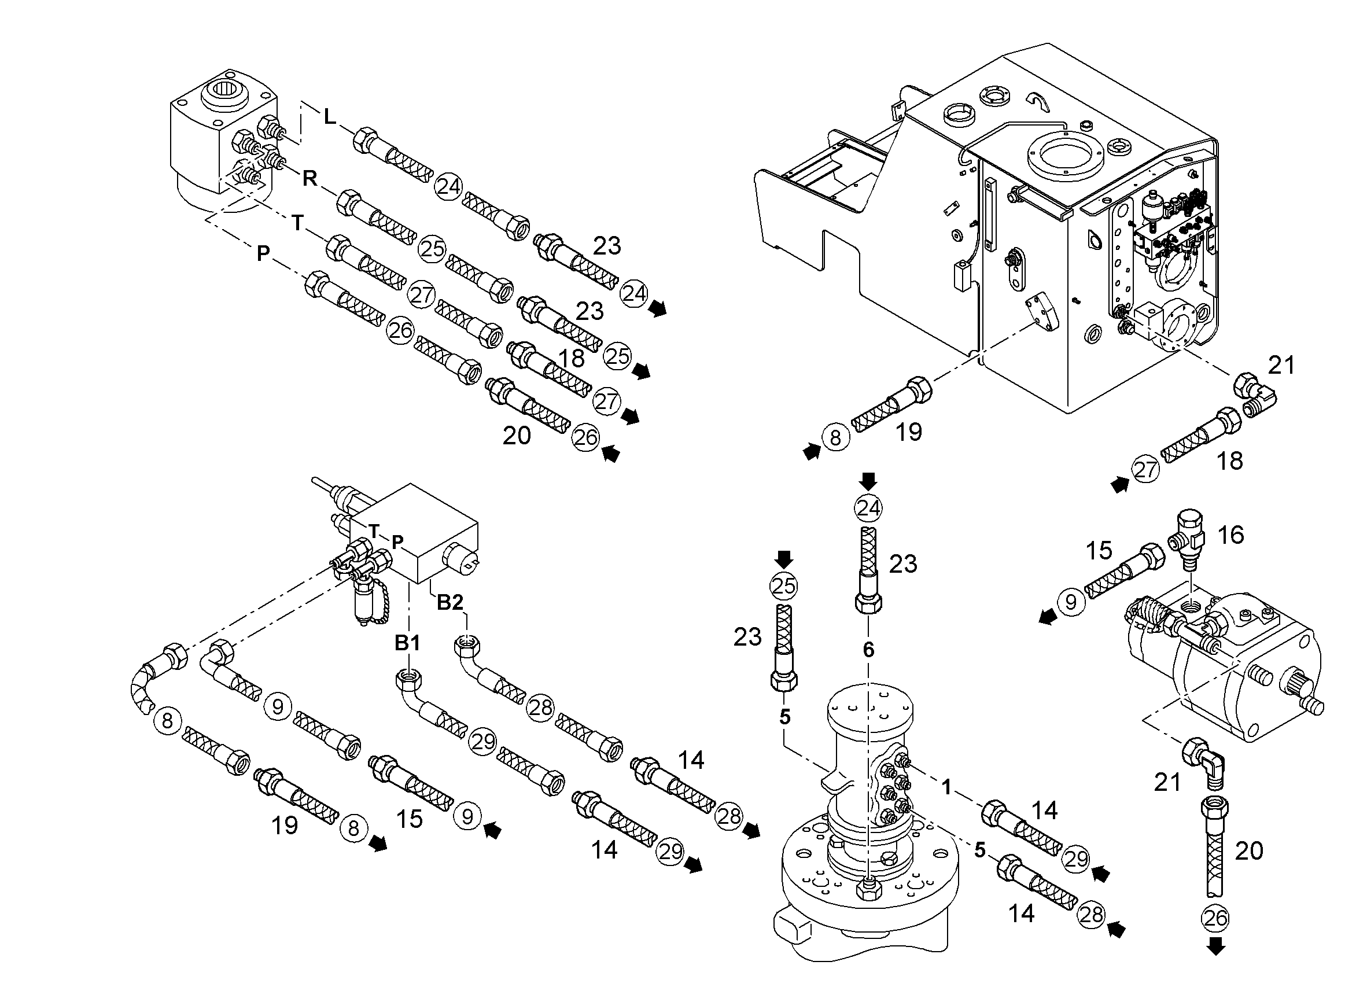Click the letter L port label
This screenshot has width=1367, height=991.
coord(329,116)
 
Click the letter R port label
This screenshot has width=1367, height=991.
coord(310,178)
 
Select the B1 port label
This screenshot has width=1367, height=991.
coord(407,643)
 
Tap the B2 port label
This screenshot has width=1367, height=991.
coord(449,602)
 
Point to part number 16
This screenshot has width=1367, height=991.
coord(1230,535)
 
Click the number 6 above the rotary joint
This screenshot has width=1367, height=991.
coord(868,649)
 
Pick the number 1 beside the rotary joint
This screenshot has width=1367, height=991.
coord(946,787)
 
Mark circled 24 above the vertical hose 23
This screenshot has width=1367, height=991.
coord(868,509)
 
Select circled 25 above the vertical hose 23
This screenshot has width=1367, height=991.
coord(783,587)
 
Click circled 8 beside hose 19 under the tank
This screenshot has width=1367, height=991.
coord(835,437)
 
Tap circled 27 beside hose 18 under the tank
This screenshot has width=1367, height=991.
coord(1145,470)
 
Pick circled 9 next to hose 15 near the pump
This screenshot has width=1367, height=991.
coord(1071,602)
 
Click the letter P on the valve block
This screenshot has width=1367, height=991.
coord(397,542)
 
